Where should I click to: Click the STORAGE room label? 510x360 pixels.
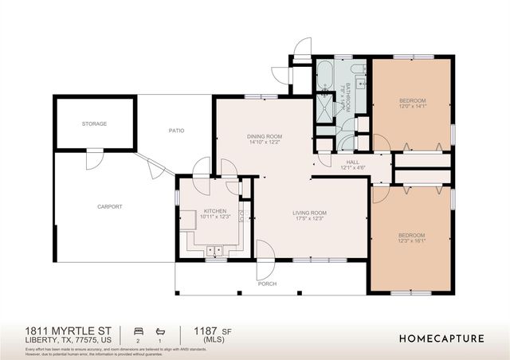(x=94, y=123)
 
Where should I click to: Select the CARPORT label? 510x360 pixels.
(x=110, y=206)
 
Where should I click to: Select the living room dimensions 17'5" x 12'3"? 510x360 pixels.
(x=309, y=217)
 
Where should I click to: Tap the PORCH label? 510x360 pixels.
(x=266, y=284)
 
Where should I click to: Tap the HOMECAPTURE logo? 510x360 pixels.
(x=441, y=338)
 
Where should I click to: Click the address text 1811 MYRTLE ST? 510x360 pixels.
(x=68, y=329)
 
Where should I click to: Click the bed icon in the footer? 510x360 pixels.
(x=137, y=330)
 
